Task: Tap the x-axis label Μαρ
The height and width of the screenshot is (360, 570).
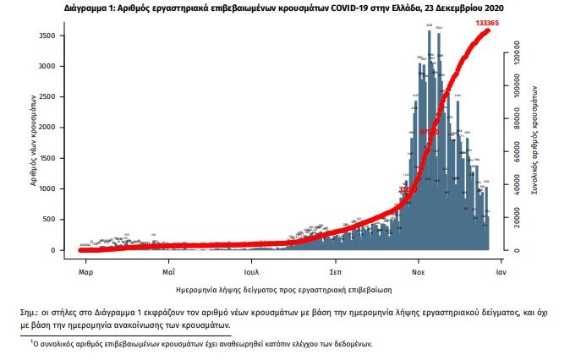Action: [85, 273]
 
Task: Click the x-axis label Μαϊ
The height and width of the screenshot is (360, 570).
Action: [168, 273]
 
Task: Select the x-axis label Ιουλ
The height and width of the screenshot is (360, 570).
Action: [251, 273]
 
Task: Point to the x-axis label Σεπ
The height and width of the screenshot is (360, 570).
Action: [335, 273]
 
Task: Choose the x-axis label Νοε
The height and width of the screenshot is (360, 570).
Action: [419, 273]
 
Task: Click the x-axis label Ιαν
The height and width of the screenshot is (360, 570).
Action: [501, 273]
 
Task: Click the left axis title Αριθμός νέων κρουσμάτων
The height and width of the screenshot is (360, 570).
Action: [35, 139]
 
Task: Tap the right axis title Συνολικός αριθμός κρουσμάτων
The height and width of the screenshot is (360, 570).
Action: [536, 140]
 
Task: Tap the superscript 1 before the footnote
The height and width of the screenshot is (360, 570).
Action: [31, 341]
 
